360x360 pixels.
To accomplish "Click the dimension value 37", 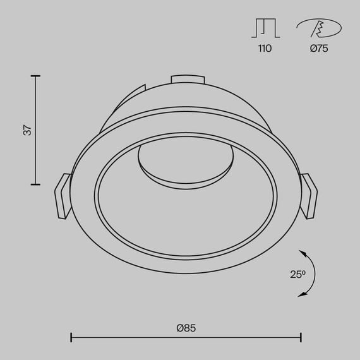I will pyautogui.click(x=27, y=130).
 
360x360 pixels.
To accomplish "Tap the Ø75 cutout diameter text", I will pyautogui.click(x=319, y=49).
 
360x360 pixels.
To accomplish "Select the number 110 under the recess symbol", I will pyautogui.click(x=265, y=49).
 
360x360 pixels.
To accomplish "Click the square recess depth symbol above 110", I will pyautogui.click(x=265, y=28).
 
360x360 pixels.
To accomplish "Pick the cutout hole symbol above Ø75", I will pyautogui.click(x=319, y=28).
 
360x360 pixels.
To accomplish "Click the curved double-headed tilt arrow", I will pyautogui.click(x=310, y=272).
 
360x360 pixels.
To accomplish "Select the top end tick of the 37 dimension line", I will pyautogui.click(x=35, y=76).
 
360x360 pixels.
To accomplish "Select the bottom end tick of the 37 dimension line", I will pyautogui.click(x=35, y=184).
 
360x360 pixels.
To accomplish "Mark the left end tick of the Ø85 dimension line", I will pyautogui.click(x=71, y=338).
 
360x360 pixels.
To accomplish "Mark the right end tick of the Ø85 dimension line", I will pyautogui.click(x=301, y=338).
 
